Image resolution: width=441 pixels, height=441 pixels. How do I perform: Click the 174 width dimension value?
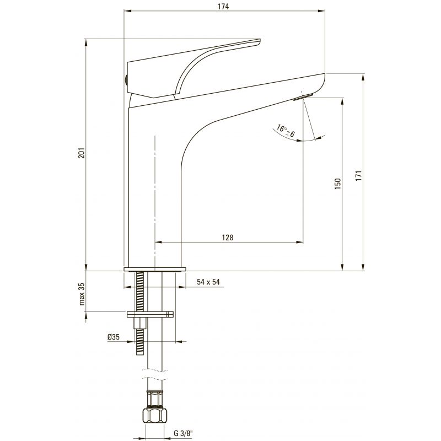(223, 7)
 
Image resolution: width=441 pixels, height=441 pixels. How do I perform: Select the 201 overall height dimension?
(81, 153)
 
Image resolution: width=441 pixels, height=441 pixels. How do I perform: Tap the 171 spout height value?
(358, 176)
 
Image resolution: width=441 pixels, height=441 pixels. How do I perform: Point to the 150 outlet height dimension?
(338, 184)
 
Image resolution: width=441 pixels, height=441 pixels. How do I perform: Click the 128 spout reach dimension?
(228, 238)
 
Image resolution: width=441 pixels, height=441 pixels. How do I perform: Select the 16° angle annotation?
(286, 131)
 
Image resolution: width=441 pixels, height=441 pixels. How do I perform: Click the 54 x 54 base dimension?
(208, 282)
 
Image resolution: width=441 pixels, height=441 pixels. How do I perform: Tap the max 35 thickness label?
(82, 294)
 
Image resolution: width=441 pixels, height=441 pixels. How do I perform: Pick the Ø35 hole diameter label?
(114, 337)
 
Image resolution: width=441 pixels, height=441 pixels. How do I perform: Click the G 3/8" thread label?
(183, 433)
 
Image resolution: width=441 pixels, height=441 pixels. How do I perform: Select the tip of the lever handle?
(259, 42)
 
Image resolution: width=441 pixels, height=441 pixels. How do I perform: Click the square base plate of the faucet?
(155, 269)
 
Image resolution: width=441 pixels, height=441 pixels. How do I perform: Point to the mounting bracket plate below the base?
(150, 314)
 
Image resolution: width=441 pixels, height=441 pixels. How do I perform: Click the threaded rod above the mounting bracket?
(140, 291)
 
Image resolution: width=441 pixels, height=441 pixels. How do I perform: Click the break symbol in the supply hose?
(155, 374)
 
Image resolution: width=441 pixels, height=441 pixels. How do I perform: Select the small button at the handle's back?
(126, 80)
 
